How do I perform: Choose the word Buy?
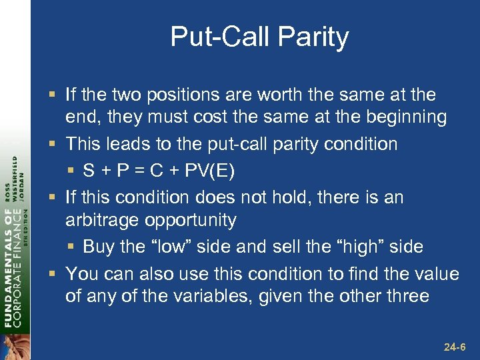[x=98, y=247]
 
